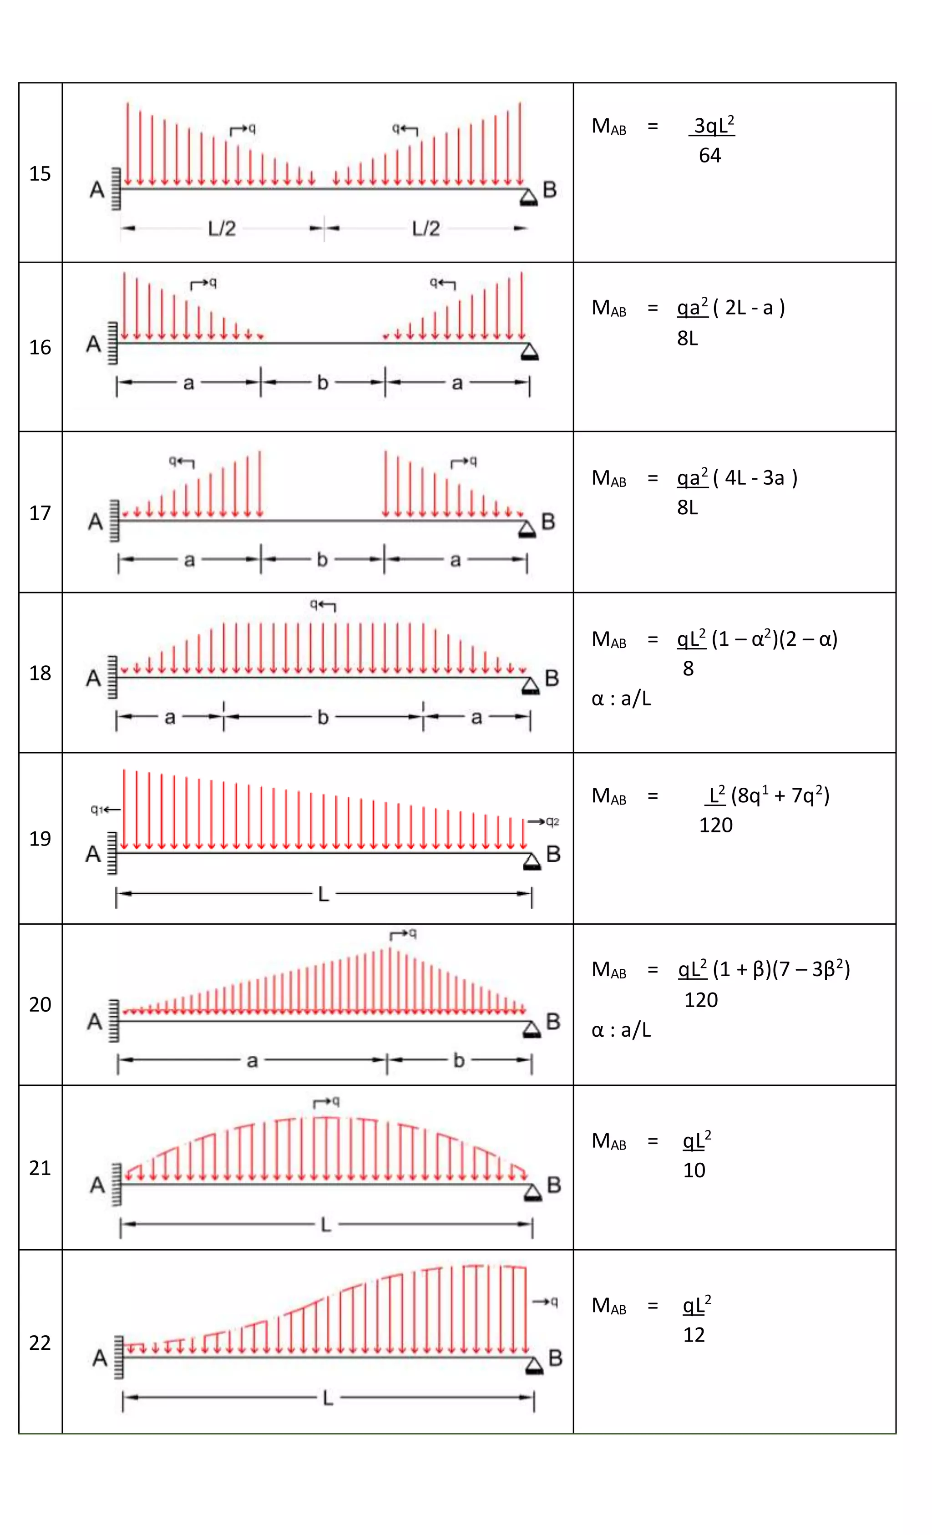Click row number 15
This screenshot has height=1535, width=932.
40,173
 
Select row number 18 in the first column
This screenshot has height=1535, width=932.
40,673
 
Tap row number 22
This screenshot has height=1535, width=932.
40,1342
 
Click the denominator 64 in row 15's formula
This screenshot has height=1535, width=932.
709,155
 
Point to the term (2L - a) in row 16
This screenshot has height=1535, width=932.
749,308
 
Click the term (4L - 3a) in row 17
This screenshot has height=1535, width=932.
755,478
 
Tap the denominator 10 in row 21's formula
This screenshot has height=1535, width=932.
694,1170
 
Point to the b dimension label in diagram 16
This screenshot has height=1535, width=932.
322,383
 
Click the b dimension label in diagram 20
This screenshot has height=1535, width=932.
459,1060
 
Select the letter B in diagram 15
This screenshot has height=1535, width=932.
549,189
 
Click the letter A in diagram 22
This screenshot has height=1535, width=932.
100,1358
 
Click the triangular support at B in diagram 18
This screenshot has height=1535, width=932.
530,686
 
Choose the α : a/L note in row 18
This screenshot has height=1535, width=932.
621,699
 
